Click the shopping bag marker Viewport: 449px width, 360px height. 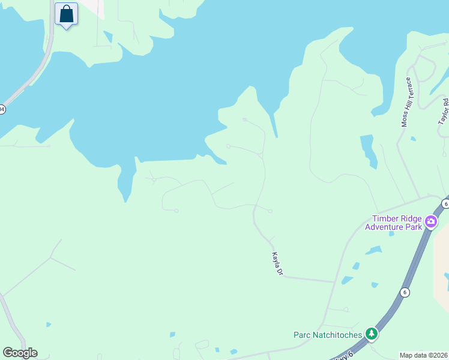click(66, 14)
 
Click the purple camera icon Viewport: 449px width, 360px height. click(430, 223)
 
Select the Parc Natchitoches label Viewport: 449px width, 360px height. click(328, 335)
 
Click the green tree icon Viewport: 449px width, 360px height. click(372, 334)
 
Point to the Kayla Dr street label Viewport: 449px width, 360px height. click(277, 265)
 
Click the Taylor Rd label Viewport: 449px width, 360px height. click(444, 112)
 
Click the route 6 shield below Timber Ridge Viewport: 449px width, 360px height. click(405, 292)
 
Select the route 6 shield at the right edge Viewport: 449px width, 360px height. click(445, 204)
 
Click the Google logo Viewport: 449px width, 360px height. click(20, 353)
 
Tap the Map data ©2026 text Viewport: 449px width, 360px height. click(424, 355)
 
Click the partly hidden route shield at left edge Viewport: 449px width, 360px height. click(2, 109)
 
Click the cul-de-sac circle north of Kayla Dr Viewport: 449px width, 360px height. click(270, 211)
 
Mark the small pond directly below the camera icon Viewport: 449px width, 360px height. click(391, 233)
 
